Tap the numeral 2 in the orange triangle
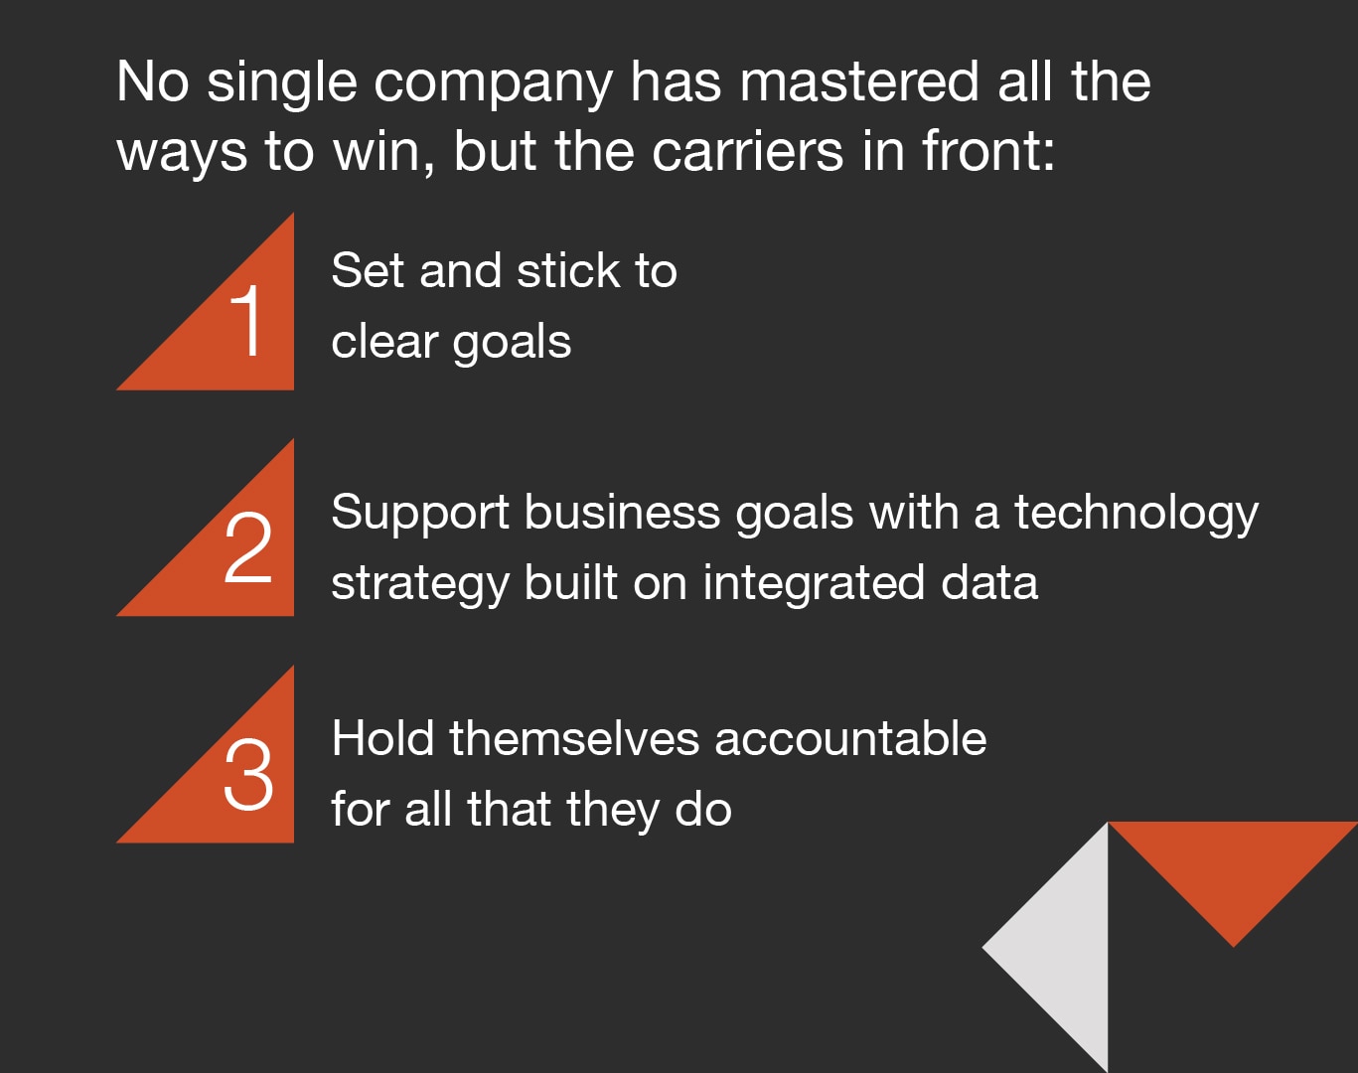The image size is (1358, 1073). point(248,547)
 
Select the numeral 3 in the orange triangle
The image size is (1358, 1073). point(248,774)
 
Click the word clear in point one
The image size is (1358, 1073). point(384,342)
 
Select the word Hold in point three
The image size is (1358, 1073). point(382,739)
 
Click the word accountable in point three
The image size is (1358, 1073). point(850,739)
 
